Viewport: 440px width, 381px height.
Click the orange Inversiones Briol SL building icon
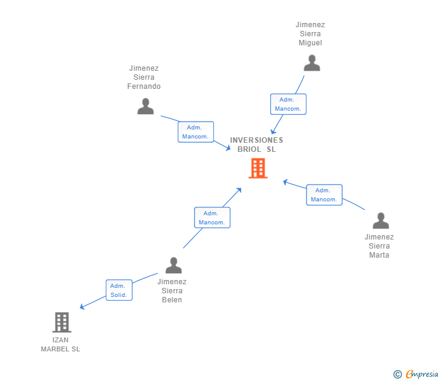257,169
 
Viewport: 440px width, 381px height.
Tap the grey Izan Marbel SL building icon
62,322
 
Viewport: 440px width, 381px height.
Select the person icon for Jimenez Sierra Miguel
311,63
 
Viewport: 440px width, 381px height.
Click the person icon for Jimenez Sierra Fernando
145,106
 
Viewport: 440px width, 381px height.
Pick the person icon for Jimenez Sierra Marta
380,221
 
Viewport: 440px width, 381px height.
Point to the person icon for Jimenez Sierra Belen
173,265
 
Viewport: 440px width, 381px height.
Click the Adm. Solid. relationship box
118,290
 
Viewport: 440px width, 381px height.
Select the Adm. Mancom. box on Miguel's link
288,104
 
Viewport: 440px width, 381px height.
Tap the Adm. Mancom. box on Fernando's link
195,132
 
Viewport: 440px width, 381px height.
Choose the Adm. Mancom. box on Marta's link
324,195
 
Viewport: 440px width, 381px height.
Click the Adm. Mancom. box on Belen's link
212,218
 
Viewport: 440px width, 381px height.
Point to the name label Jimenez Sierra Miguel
310,34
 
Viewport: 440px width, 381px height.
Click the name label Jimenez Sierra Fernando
144,77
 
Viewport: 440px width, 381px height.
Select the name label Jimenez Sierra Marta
379,246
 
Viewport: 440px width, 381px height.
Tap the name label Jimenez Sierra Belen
172,291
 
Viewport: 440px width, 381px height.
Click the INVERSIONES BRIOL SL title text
256,145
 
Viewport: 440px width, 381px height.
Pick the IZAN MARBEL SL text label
60,344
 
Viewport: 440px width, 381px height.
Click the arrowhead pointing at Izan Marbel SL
82,307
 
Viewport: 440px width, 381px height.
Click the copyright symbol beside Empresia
398,374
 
